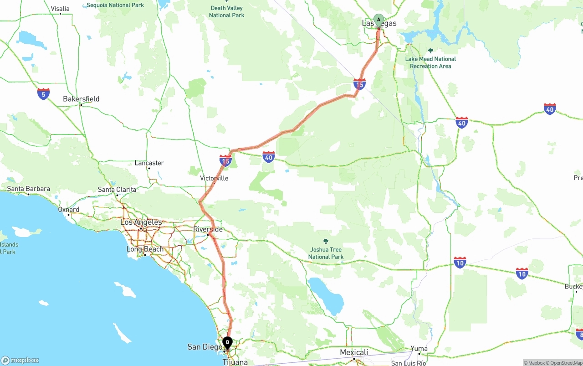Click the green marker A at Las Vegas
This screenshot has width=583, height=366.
click(x=378, y=20)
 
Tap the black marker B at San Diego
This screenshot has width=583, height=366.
click(x=227, y=343)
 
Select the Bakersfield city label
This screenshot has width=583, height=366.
click(x=81, y=99)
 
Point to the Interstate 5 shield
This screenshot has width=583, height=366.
click(x=43, y=94)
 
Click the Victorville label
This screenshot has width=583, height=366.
click(x=214, y=178)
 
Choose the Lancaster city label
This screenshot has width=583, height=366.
click(x=149, y=163)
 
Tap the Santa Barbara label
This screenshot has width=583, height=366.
click(x=28, y=189)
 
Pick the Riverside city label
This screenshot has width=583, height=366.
click(x=208, y=229)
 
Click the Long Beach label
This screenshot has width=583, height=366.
click(x=145, y=249)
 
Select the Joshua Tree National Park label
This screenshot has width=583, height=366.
click(x=326, y=253)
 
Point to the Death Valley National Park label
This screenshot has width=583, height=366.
click(x=227, y=11)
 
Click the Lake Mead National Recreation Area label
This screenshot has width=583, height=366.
click(x=430, y=62)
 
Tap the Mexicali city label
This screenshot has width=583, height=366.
click(x=354, y=352)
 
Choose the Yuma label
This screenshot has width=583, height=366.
click(x=419, y=349)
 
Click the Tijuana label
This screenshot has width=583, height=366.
click(x=235, y=362)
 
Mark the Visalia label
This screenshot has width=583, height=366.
click(x=60, y=9)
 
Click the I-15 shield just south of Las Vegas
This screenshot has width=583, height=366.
click(x=359, y=84)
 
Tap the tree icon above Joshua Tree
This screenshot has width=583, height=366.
click(x=326, y=241)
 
